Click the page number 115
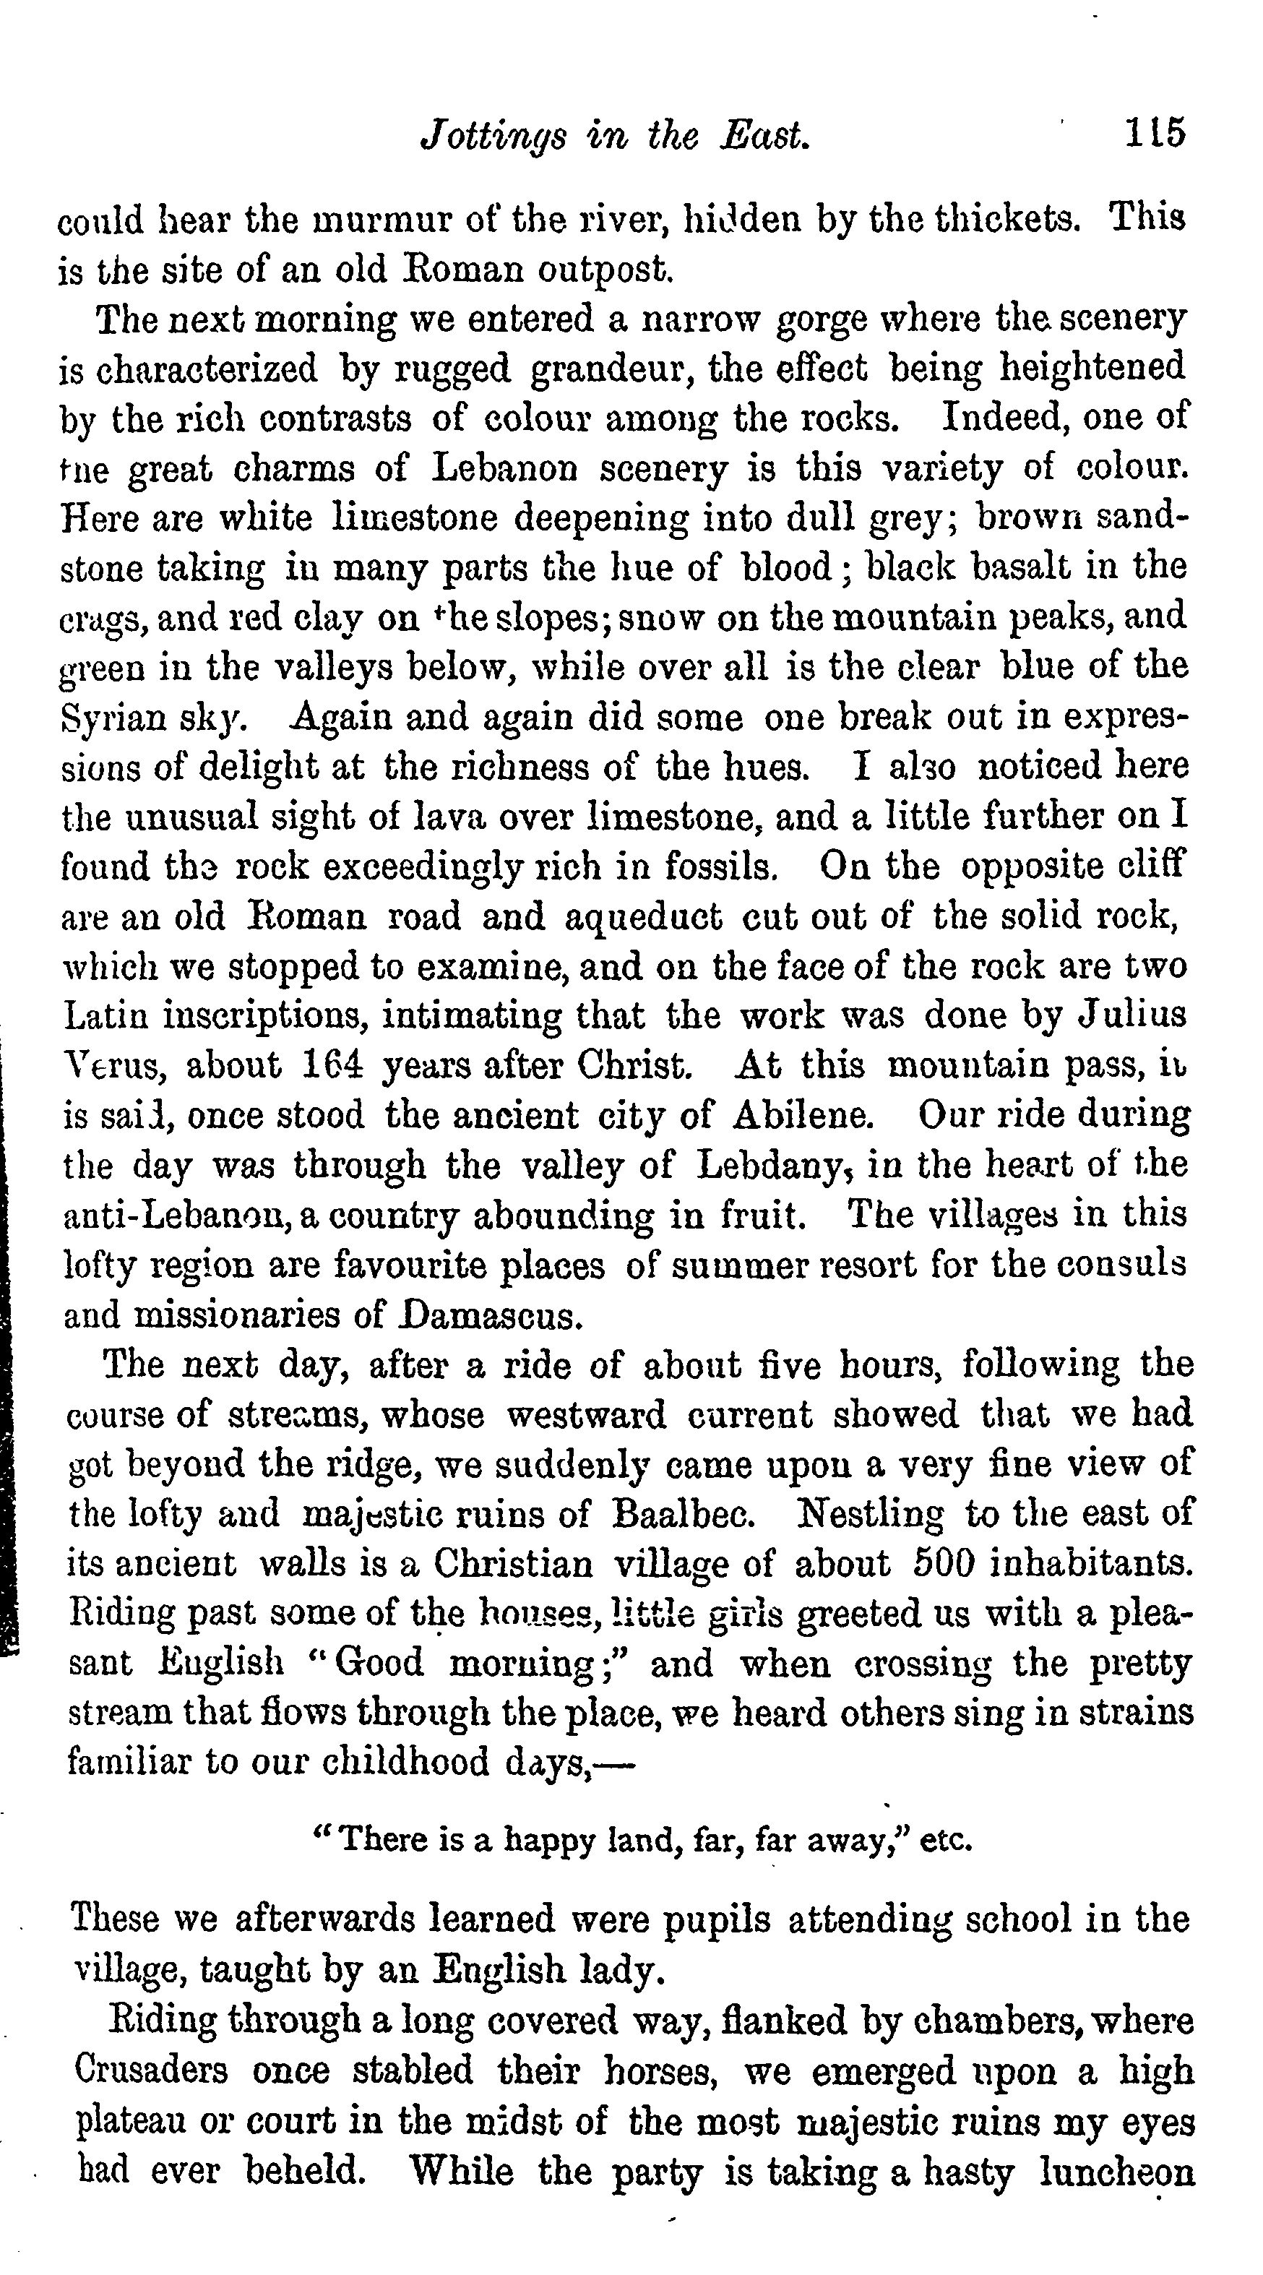click(1153, 134)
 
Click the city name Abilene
click(803, 1114)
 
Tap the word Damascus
click(491, 1315)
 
